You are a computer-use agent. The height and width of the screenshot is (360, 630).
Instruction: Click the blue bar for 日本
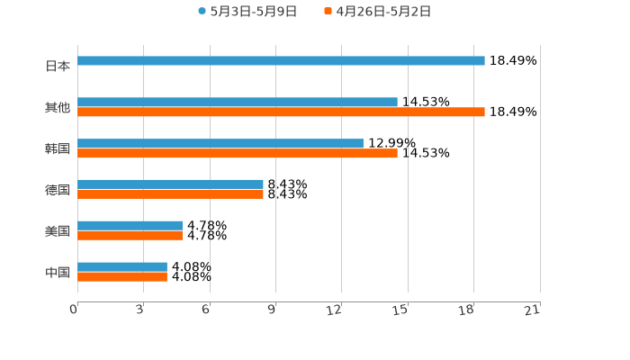point(281,61)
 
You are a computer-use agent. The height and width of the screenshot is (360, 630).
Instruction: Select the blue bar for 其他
point(238,103)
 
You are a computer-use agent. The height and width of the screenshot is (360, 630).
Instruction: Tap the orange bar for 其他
point(281,112)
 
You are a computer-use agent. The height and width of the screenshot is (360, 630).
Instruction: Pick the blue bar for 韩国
point(220,144)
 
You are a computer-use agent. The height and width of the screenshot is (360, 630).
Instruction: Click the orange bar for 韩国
point(238,154)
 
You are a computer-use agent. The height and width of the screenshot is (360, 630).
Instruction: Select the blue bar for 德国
point(170,184)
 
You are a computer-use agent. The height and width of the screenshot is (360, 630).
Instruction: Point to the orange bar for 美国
point(130,236)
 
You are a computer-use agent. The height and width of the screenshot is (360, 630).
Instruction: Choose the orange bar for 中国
point(122,276)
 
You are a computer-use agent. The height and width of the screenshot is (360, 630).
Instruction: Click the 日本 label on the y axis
point(58,66)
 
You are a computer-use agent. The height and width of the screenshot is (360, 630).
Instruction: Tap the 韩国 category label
point(58,148)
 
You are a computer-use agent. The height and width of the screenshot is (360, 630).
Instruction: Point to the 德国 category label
point(58,190)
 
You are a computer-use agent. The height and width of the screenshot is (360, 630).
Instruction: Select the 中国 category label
point(58,272)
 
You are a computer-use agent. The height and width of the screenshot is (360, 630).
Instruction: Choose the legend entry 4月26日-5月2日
point(383,12)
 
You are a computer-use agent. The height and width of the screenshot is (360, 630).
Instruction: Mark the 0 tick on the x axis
point(75,310)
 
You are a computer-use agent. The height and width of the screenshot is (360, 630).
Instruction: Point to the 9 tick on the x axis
point(272,310)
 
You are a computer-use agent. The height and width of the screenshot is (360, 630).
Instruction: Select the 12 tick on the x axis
point(336,310)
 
